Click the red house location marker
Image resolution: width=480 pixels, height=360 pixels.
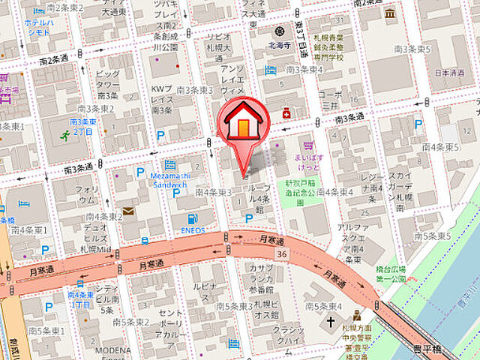tap(241, 123)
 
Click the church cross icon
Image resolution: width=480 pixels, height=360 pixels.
tap(331, 322)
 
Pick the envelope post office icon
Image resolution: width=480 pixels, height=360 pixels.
tap(129, 212)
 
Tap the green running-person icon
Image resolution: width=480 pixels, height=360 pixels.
tap(65, 136)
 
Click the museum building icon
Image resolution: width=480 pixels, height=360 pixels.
tap(389, 14)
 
